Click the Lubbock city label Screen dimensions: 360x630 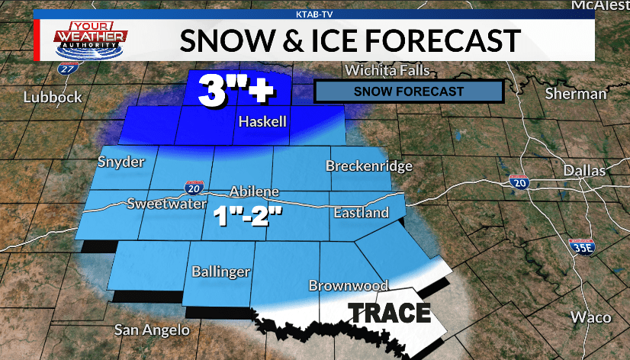pyautogui.click(x=52, y=97)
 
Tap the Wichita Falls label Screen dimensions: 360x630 pyautogui.click(x=387, y=71)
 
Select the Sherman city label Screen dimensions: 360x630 pyautogui.click(x=576, y=94)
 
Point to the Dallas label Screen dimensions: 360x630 pyautogui.click(x=583, y=171)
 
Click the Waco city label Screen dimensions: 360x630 pyautogui.click(x=590, y=317)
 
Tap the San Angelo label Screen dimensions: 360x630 pyautogui.click(x=151, y=330)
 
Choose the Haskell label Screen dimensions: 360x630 pyautogui.click(x=262, y=122)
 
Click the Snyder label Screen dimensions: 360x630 pyautogui.click(x=121, y=162)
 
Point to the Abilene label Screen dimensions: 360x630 pyautogui.click(x=255, y=191)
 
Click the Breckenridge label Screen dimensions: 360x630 pyautogui.click(x=369, y=166)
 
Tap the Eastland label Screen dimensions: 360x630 pyautogui.click(x=360, y=213)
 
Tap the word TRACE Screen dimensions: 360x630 pyautogui.click(x=390, y=313)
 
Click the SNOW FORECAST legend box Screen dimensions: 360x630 pyautogui.click(x=408, y=92)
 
